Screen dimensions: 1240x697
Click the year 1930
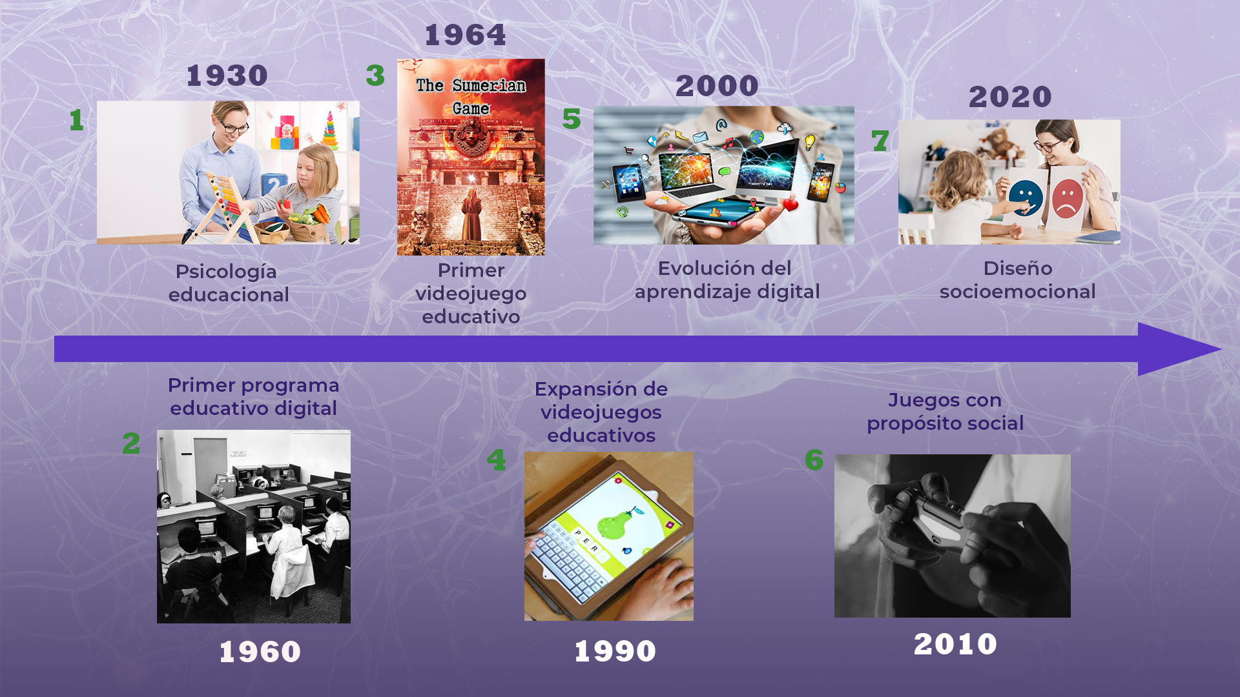coord(227,76)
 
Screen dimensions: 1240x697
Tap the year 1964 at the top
coord(465,35)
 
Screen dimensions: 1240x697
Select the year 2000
coord(717,86)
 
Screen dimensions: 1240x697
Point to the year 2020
coord(1010,97)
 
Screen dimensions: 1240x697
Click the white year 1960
coord(260,652)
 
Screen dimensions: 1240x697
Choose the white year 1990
coord(615,651)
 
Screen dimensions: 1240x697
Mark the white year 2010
coord(956,644)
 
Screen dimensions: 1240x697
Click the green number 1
coord(77,120)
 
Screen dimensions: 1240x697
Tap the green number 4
coord(496,460)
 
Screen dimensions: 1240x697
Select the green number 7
coord(880,141)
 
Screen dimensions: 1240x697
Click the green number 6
coord(814,460)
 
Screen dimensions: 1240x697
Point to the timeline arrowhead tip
coord(1221,349)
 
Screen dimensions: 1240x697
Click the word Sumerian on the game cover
coord(489,85)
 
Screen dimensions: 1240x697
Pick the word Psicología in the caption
coord(226,272)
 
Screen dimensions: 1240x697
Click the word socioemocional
coord(1018,292)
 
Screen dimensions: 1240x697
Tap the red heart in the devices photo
coord(790,205)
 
